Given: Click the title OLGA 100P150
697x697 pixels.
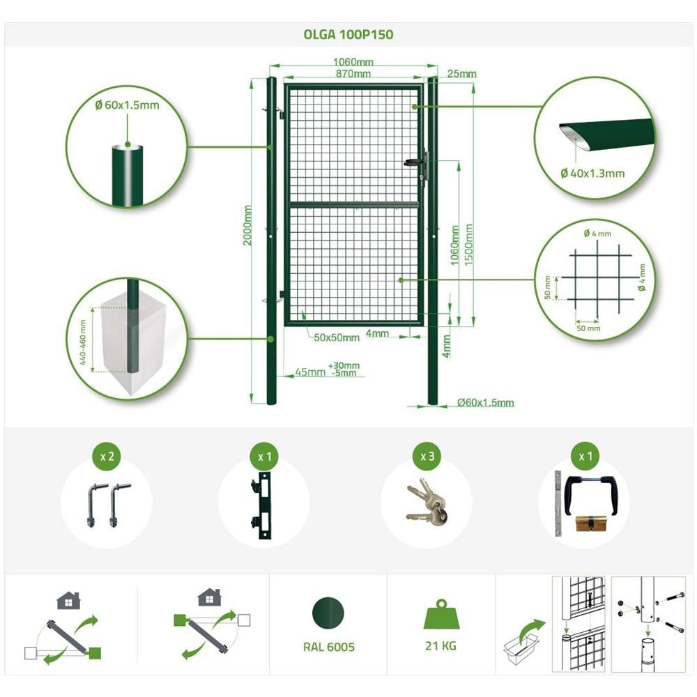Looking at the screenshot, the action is [348, 35].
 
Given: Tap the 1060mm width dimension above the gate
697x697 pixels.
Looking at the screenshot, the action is [353, 62].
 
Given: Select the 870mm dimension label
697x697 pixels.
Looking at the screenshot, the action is [353, 73].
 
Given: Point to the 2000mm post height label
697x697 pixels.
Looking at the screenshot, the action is [247, 225].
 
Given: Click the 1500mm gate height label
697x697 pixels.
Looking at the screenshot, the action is [468, 245].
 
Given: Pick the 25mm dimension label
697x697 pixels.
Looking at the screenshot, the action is [462, 73].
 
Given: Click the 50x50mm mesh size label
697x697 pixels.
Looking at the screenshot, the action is [337, 337].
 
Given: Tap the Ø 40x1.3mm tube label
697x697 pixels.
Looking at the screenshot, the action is [592, 174].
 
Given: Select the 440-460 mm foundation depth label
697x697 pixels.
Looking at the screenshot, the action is [83, 342].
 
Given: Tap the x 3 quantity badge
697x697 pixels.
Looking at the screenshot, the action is [427, 456].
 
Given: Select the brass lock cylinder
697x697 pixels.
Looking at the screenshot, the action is [592, 523].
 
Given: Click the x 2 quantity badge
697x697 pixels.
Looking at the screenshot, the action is [107, 456].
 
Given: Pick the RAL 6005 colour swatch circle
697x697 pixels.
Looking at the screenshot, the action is [328, 613].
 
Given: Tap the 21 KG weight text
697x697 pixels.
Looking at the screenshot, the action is [441, 645].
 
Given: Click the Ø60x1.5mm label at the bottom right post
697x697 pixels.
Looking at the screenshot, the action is [485, 403].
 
